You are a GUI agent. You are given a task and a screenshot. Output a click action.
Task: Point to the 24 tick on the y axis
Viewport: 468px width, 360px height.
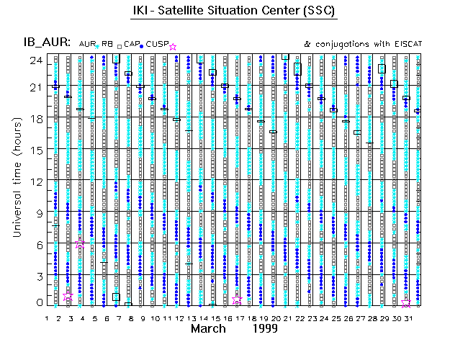click(x=35, y=60)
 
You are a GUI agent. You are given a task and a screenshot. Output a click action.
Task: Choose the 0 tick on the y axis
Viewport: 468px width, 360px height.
click(x=37, y=303)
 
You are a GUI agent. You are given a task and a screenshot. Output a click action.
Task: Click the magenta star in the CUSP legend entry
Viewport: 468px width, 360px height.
click(x=172, y=47)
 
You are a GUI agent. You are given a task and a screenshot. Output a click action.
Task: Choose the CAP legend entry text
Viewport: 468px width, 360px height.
click(x=132, y=44)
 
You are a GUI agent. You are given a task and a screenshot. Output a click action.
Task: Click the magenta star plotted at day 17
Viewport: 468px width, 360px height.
click(x=237, y=300)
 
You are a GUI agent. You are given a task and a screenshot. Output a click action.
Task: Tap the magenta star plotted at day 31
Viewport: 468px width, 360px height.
click(x=406, y=304)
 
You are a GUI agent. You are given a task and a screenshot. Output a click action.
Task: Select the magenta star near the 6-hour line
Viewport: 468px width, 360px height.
click(x=81, y=244)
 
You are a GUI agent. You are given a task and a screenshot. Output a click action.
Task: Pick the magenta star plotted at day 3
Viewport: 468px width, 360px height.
click(x=68, y=296)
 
